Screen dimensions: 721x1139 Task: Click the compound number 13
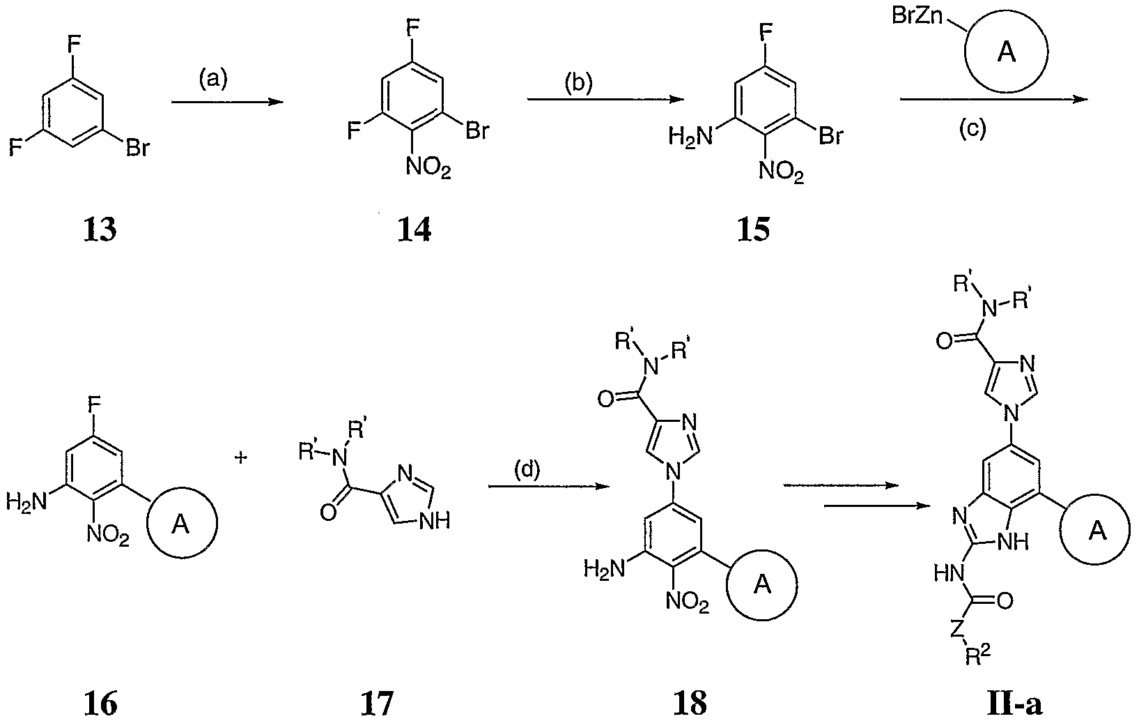[x=100, y=229]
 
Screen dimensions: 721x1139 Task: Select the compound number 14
[x=414, y=229]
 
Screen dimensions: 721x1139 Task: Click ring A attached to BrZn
[x=1006, y=54]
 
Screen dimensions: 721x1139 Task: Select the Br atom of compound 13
[x=136, y=149]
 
